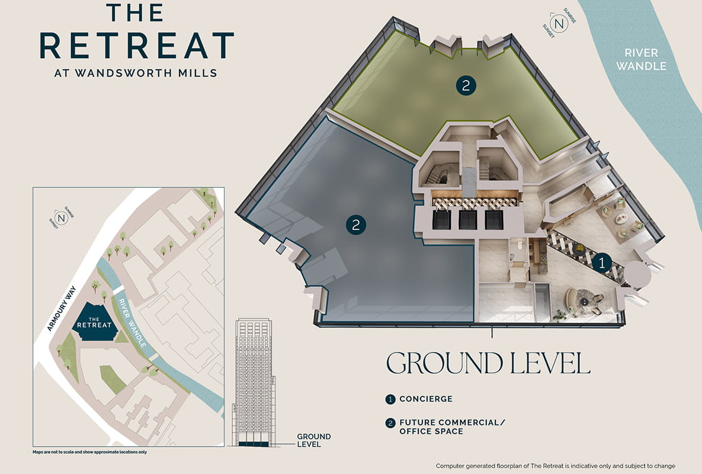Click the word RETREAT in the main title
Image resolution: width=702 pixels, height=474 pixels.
(x=137, y=46)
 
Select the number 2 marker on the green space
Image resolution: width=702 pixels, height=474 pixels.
(x=466, y=85)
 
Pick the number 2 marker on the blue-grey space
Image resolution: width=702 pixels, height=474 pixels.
(x=355, y=225)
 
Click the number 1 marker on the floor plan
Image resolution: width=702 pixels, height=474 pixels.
(x=602, y=261)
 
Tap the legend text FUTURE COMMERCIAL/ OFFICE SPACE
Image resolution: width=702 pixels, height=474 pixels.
(x=448, y=427)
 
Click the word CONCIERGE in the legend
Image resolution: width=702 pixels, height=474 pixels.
(x=426, y=399)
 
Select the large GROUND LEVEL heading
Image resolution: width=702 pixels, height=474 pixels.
(x=488, y=363)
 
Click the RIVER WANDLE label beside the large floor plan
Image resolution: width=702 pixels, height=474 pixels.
(x=641, y=60)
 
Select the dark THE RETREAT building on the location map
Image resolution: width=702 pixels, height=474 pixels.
(x=94, y=322)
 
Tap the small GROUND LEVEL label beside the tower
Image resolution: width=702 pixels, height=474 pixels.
(x=313, y=441)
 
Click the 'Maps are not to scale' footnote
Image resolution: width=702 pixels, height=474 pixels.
(x=89, y=452)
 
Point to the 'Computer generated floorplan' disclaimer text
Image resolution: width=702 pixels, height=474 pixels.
(x=555, y=466)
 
